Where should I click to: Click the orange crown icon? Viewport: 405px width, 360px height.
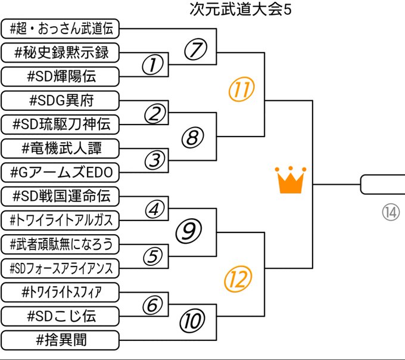click(291, 180)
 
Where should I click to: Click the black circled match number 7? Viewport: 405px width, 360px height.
click(194, 51)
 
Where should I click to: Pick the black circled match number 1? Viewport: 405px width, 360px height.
click(153, 65)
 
